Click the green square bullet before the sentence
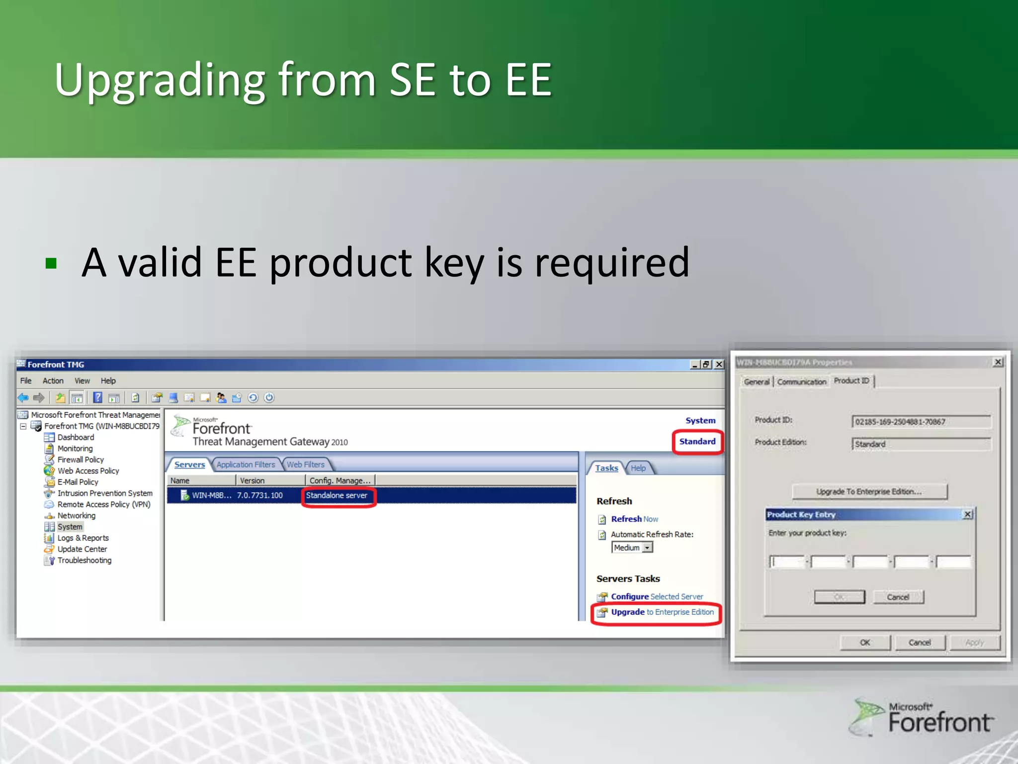click(x=51, y=263)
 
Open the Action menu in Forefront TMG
click(x=53, y=381)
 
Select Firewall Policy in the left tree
click(x=81, y=460)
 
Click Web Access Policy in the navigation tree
click(x=88, y=471)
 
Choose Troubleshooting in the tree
click(x=84, y=560)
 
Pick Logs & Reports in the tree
click(x=83, y=538)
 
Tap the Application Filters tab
click(x=246, y=465)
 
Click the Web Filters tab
click(x=305, y=465)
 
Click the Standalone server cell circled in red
click(x=337, y=495)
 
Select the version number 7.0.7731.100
click(x=259, y=495)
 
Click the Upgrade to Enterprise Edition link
click(x=662, y=612)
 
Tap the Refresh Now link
click(x=634, y=519)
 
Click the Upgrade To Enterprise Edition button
click(x=869, y=491)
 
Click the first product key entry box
click(x=787, y=562)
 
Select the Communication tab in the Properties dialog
click(x=801, y=382)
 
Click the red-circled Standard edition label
click(x=697, y=442)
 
